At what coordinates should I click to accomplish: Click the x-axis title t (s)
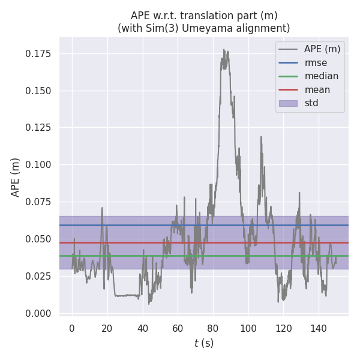click(x=204, y=343)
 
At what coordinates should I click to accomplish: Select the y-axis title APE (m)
click(x=16, y=177)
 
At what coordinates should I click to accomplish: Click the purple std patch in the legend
click(x=288, y=103)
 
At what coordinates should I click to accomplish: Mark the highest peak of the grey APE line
click(x=224, y=50)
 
